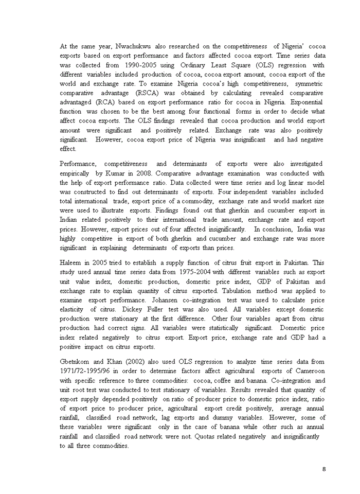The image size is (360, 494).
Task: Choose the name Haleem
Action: click(71, 262)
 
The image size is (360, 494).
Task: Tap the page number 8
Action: click(324, 469)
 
